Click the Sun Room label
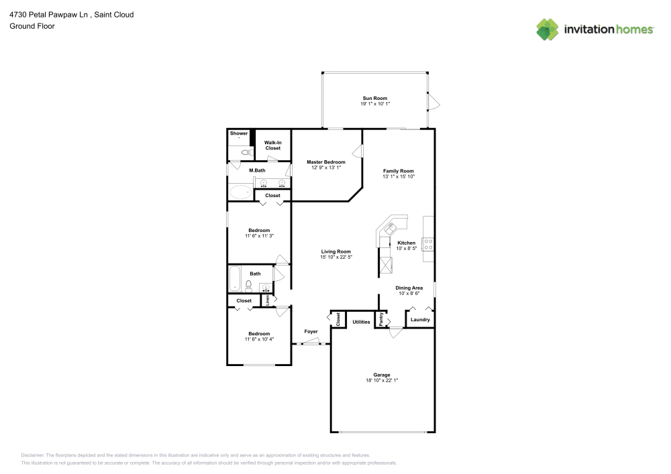[375, 98]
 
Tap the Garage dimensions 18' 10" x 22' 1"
[382, 381]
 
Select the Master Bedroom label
[326, 162]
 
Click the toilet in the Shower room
[245, 153]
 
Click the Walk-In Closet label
[272, 145]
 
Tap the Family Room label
[399, 171]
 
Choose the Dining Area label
[409, 288]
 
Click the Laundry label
[420, 320]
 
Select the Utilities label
[361, 322]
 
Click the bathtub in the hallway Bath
[234, 278]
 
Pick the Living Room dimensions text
[336, 257]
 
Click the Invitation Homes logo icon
[548, 29]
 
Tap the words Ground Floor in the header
[32, 26]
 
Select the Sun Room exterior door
[432, 103]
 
